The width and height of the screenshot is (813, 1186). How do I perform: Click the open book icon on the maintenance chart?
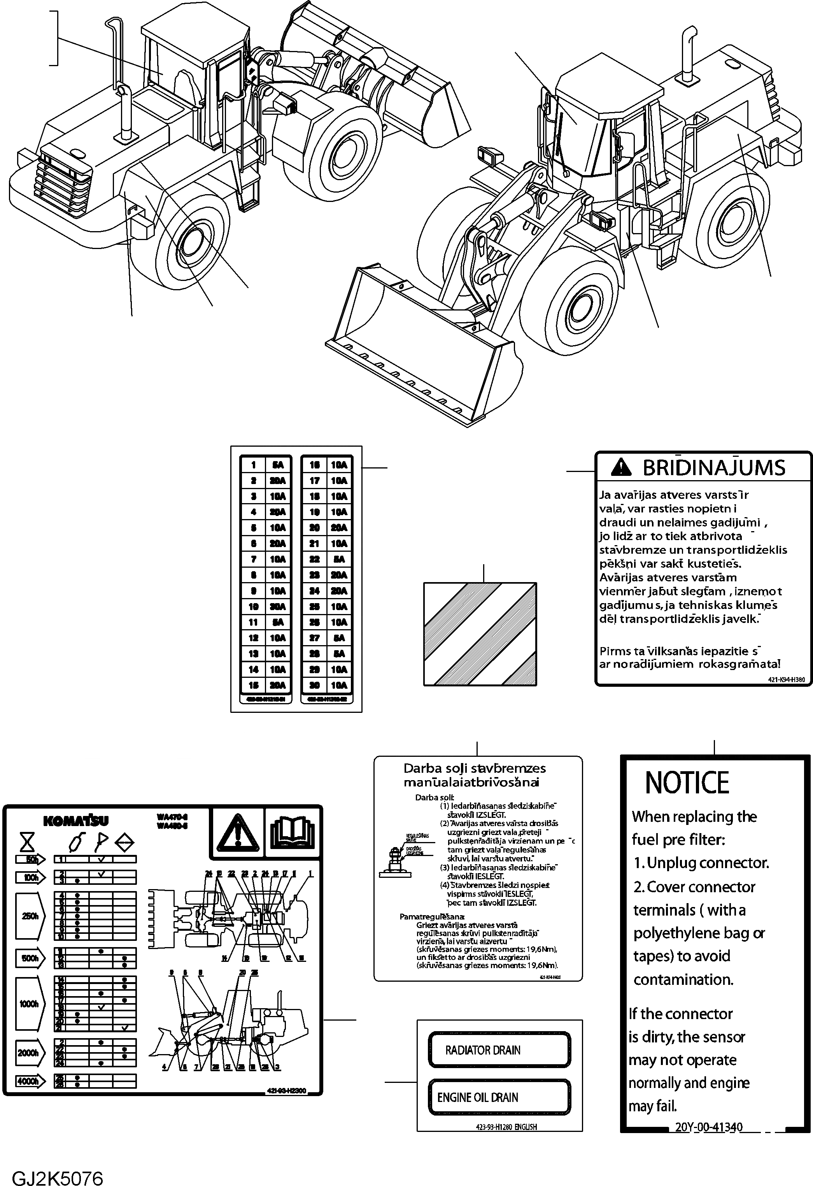click(293, 832)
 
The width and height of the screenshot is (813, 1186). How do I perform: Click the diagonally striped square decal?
click(480, 634)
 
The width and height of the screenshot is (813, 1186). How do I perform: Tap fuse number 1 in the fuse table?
click(254, 465)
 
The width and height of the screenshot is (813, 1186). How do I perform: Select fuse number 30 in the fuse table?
click(315, 685)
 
